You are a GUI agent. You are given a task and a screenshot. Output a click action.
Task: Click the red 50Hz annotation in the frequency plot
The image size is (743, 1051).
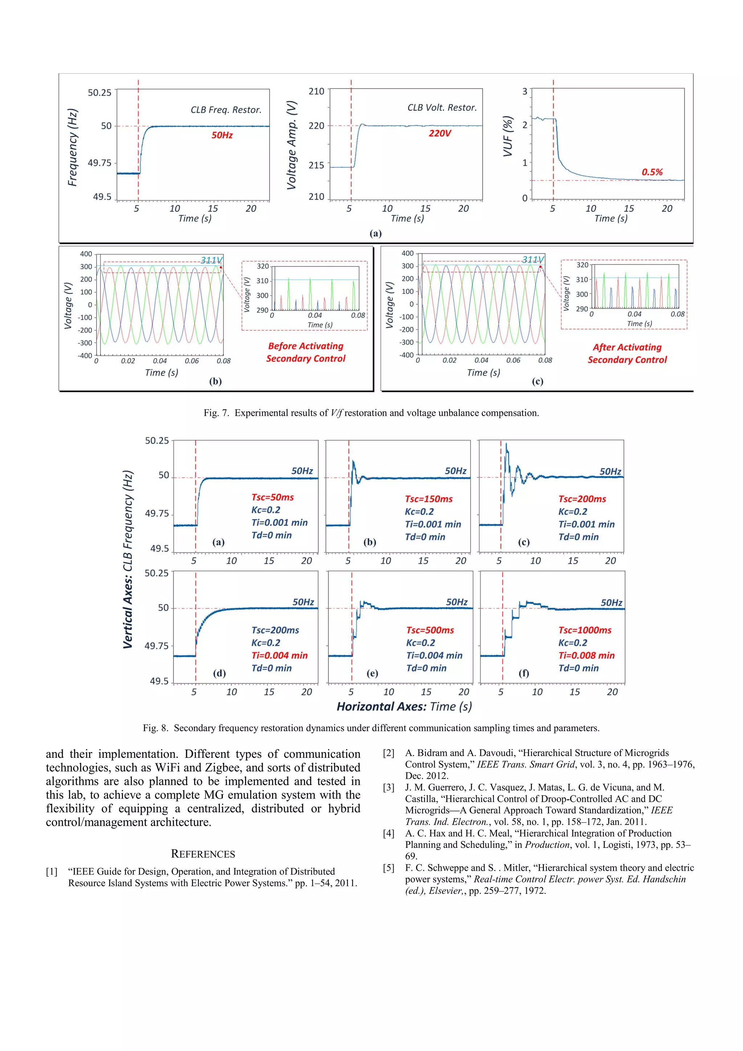[x=222, y=135]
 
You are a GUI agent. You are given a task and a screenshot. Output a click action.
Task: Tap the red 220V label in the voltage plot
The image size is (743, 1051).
[x=439, y=133]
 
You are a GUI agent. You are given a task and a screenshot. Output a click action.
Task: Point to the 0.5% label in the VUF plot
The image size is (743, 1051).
[x=652, y=172]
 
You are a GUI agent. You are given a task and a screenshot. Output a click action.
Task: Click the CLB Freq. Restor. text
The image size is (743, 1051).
[x=226, y=110]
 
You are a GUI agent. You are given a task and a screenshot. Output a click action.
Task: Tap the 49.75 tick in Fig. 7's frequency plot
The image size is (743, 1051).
[x=99, y=163]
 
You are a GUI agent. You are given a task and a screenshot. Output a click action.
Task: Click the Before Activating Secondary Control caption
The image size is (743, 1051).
[x=306, y=353]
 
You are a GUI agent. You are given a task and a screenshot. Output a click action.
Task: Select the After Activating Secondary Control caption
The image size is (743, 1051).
[x=627, y=353]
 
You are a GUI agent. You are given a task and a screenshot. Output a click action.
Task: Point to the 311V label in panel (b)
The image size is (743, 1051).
[x=212, y=260]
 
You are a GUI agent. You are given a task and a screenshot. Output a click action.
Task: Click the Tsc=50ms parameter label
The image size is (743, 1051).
[x=272, y=497]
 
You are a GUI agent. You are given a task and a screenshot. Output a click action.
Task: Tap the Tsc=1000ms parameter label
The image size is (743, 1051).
[x=584, y=630]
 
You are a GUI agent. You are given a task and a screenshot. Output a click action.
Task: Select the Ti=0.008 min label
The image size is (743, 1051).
[x=586, y=656]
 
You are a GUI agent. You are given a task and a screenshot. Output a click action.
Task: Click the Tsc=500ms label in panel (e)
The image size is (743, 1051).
[x=430, y=630]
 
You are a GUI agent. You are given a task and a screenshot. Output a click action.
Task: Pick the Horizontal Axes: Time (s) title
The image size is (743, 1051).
[x=404, y=706]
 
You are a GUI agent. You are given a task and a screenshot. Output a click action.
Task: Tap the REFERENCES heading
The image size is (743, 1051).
[x=203, y=854]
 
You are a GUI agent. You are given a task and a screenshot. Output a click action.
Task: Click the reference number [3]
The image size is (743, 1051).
[x=388, y=787]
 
